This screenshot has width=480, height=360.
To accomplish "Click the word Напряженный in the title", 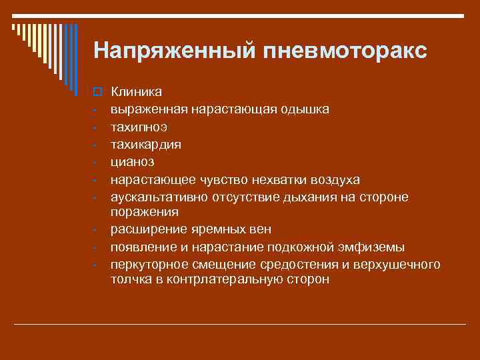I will [x=169, y=51].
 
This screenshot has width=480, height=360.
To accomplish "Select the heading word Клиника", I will [x=131, y=91].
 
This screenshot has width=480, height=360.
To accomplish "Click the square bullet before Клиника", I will [x=96, y=91].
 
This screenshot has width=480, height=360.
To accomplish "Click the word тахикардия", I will [x=145, y=143].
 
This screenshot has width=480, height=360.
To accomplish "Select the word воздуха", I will [x=333, y=180].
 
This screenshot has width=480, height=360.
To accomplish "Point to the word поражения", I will [x=145, y=212].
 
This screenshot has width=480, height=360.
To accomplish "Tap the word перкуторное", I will [x=147, y=265].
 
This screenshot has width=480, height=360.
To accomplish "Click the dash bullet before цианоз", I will [x=96, y=161].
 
